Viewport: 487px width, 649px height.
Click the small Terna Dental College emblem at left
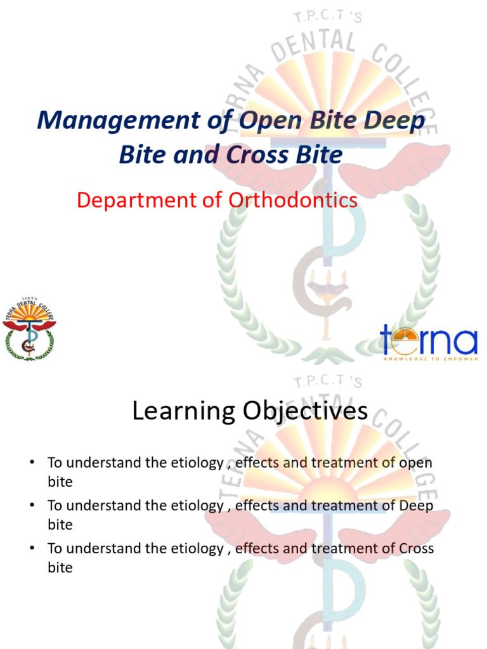pyautogui.click(x=29, y=328)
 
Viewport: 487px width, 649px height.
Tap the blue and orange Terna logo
pyautogui.click(x=428, y=341)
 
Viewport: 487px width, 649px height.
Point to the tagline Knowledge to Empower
pyautogui.click(x=428, y=357)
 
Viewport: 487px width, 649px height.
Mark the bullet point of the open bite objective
pyautogui.click(x=31, y=463)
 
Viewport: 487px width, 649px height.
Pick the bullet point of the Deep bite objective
pyautogui.click(x=31, y=506)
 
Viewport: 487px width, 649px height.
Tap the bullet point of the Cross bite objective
pyautogui.click(x=31, y=548)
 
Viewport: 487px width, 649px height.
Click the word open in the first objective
pyautogui.click(x=415, y=463)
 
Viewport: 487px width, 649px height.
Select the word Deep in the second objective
pyautogui.click(x=417, y=506)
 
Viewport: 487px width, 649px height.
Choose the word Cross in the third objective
pyautogui.click(x=417, y=548)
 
